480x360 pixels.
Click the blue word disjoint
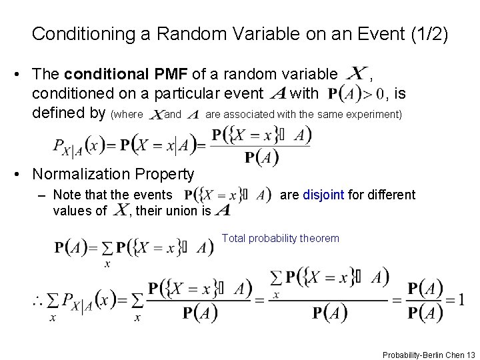(323, 195)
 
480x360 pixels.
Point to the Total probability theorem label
(280, 238)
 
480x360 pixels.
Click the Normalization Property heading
(113, 174)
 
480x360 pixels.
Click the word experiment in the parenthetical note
(376, 115)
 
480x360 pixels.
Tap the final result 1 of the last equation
(461, 299)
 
